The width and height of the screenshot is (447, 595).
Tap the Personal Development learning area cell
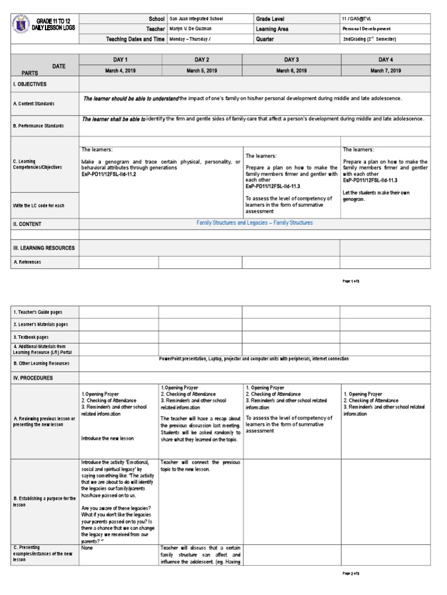366,29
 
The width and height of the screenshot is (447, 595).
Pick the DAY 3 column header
291,60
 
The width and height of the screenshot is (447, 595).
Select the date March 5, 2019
201,70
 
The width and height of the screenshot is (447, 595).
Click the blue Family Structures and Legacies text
254,223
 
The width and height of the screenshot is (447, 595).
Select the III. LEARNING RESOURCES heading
44,248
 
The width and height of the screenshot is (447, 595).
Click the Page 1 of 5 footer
352,281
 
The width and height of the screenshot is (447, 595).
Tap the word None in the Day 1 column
87,547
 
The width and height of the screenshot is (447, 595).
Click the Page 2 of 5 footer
352,574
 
